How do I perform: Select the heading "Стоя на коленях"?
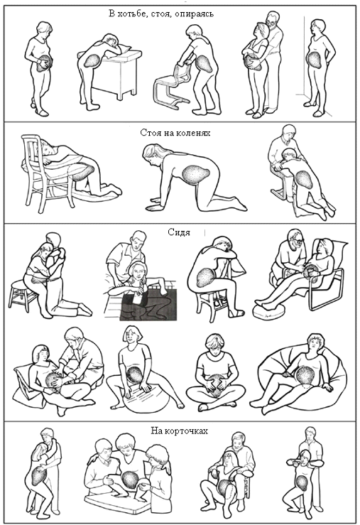175,133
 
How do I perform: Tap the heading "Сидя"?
179,232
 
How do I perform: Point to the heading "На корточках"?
180,431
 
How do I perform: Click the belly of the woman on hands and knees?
196,174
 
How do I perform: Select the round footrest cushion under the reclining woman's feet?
268,310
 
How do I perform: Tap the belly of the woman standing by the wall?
315,59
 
